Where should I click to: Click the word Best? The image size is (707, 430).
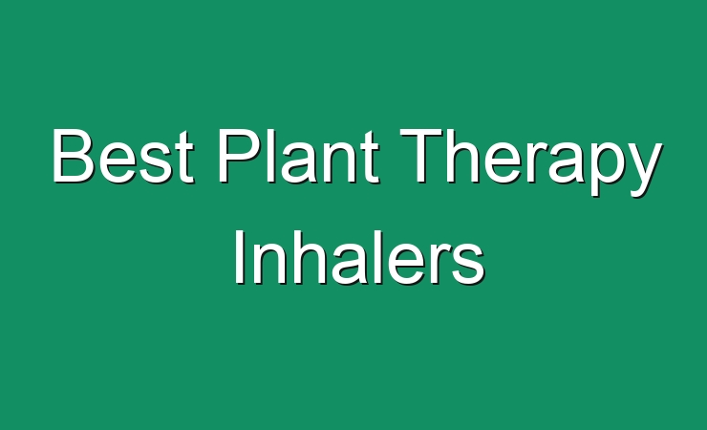tap(123, 156)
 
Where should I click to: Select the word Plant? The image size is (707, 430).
tap(299, 156)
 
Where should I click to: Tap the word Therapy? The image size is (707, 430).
tap(531, 162)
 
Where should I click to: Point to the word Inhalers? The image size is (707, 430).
tap(359, 257)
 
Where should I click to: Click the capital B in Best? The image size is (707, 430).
tap(74, 156)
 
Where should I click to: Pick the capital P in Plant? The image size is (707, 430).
tap(241, 156)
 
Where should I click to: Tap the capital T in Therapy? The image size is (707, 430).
tap(422, 156)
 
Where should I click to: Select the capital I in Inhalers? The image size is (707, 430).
tap(239, 257)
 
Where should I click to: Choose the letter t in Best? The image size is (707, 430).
tap(185, 159)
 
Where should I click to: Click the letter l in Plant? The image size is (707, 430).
tap(272, 156)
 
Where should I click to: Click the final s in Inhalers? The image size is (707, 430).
tap(468, 264)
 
